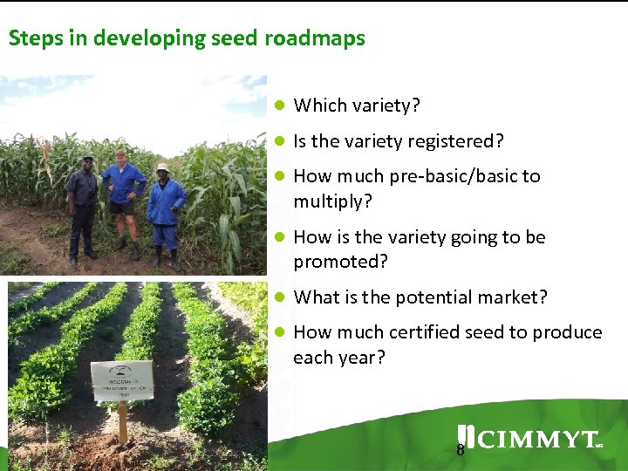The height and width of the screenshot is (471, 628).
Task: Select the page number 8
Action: pos(461,451)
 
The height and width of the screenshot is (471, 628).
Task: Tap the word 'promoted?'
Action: pos(340,262)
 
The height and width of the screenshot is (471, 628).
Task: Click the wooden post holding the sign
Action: pos(123,426)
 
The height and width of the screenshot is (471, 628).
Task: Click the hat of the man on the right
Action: pos(162,167)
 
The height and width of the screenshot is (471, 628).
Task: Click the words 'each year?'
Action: pos(339,358)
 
